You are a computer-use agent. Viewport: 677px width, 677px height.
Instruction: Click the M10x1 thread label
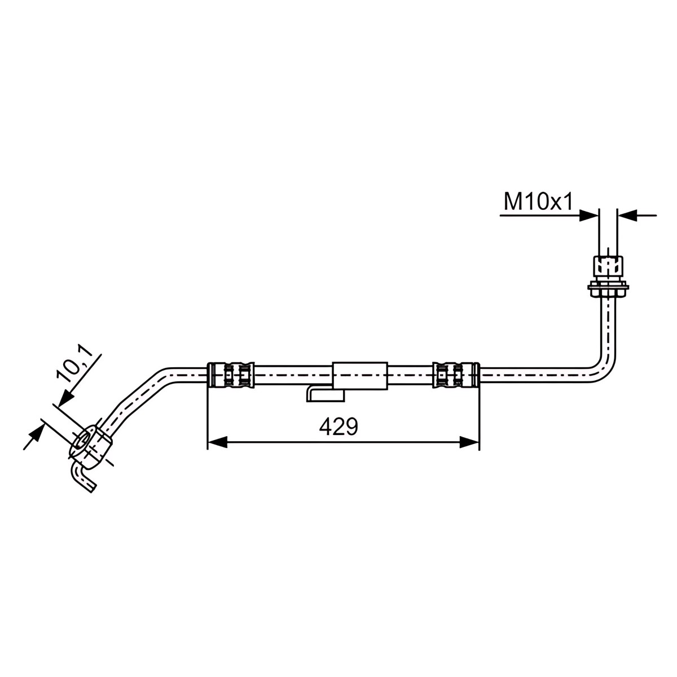(x=538, y=202)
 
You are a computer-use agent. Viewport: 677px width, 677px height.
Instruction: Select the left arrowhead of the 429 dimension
(x=217, y=443)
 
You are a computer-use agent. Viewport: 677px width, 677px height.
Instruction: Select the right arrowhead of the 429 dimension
(x=469, y=443)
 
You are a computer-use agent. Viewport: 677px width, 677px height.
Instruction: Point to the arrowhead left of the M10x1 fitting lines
(x=588, y=216)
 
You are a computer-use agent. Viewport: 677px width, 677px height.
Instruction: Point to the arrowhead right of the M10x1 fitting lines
(x=627, y=216)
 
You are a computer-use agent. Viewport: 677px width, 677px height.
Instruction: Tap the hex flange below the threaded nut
(x=608, y=287)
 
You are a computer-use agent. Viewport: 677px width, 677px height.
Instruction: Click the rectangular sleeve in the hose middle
(x=360, y=376)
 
